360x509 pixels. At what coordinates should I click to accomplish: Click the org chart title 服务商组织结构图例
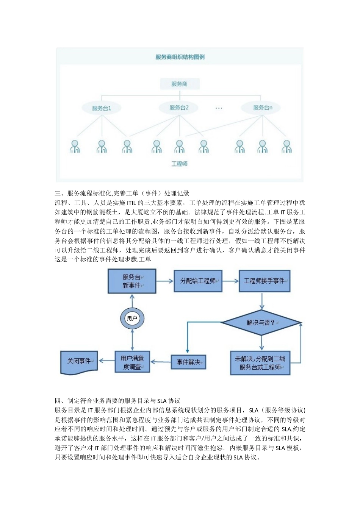pyautogui.click(x=180, y=57)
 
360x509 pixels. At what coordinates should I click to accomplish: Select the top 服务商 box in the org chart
pyautogui.click(x=179, y=84)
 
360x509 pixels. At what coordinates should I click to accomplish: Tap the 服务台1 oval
pyautogui.click(x=102, y=108)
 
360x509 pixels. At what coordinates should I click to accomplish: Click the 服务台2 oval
pyautogui.click(x=179, y=108)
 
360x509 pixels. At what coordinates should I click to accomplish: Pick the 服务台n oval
pyautogui.click(x=263, y=108)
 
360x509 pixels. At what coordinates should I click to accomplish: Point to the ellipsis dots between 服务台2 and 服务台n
pyautogui.click(x=219, y=108)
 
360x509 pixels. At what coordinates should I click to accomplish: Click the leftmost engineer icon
pyautogui.click(x=75, y=147)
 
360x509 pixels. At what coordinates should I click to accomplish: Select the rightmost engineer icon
pyautogui.click(x=286, y=147)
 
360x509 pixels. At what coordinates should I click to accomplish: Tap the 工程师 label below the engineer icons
pyautogui.click(x=179, y=164)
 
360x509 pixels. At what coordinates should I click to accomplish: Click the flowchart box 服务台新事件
pyautogui.click(x=132, y=281)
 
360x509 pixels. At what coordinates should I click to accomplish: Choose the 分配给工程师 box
pyautogui.click(x=198, y=281)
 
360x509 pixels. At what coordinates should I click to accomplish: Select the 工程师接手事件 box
pyautogui.click(x=265, y=281)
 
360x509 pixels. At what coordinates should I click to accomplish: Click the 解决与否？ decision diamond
pyautogui.click(x=261, y=323)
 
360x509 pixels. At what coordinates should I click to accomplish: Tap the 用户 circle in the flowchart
pyautogui.click(x=132, y=319)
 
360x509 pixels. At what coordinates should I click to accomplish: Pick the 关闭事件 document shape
pyautogui.click(x=79, y=362)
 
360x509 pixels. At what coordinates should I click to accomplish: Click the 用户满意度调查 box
pyautogui.click(x=132, y=362)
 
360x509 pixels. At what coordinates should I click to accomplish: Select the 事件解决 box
pyautogui.click(x=188, y=362)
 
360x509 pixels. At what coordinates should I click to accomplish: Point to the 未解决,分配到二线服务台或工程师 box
pyautogui.click(x=260, y=363)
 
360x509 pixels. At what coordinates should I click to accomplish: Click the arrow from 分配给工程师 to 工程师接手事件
pyautogui.click(x=230, y=281)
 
